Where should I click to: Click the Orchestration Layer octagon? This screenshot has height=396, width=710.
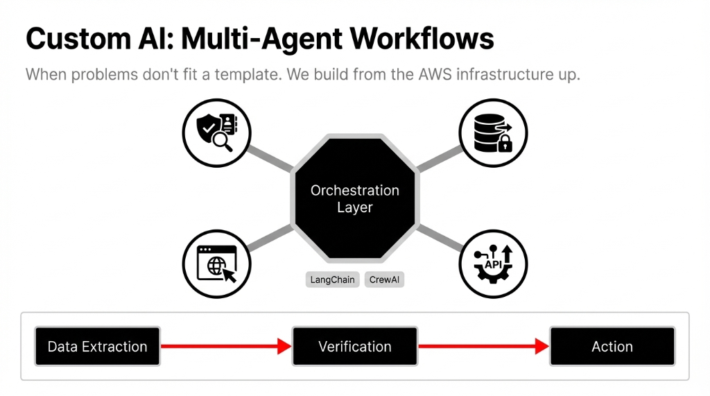pyautogui.click(x=354, y=198)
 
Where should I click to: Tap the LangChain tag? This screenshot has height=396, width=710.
pyautogui.click(x=332, y=280)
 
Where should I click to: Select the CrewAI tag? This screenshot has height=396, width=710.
pyautogui.click(x=383, y=280)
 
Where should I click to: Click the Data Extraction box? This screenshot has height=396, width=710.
pyautogui.click(x=97, y=347)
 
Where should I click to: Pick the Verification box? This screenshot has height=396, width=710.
pyautogui.click(x=354, y=347)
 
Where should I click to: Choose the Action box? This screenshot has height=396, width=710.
pyautogui.click(x=612, y=347)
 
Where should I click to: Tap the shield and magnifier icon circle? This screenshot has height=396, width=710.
pyautogui.click(x=216, y=132)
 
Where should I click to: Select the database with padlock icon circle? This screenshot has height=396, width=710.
pyautogui.click(x=493, y=132)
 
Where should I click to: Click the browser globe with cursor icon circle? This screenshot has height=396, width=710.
pyautogui.click(x=216, y=264)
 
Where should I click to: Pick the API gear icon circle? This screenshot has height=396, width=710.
pyautogui.click(x=493, y=264)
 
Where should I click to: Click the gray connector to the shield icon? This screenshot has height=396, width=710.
pyautogui.click(x=270, y=157)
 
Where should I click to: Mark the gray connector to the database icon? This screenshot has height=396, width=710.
pyautogui.click(x=438, y=158)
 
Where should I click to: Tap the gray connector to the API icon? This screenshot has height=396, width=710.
pyautogui.click(x=438, y=237)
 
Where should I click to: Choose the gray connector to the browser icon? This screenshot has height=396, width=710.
pyautogui.click(x=270, y=238)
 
